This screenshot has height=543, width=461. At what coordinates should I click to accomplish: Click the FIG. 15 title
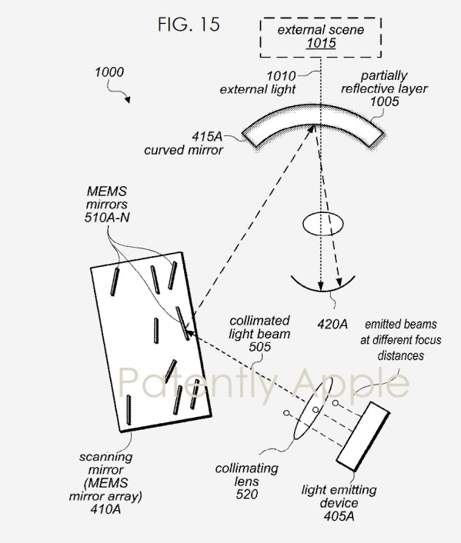[189, 25]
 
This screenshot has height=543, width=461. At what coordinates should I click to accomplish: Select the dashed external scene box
[321, 19]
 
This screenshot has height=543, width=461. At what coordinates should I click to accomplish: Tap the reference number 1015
[321, 43]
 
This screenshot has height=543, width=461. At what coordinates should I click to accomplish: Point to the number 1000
[109, 72]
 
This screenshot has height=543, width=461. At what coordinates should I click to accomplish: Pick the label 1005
[384, 102]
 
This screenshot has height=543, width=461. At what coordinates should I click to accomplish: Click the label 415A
[207, 136]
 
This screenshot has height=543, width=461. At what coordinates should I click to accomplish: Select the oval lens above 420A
[323, 224]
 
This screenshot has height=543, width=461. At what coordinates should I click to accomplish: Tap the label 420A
[332, 324]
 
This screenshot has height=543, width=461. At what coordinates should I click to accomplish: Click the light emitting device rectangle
[363, 436]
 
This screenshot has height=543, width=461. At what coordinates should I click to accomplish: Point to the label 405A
[339, 516]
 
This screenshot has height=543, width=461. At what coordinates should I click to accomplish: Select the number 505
[259, 347]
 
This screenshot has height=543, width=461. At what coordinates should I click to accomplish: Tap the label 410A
[105, 509]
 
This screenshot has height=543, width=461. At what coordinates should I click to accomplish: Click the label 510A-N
[107, 218]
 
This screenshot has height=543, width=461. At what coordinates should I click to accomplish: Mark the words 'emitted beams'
[401, 324]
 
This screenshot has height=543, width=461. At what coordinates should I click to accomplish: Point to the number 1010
[281, 76]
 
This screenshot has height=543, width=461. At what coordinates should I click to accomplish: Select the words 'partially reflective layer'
[384, 82]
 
